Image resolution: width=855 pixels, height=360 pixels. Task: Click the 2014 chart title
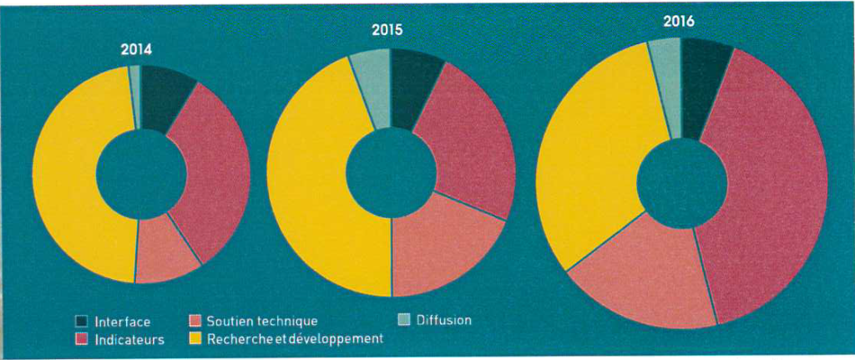(136, 49)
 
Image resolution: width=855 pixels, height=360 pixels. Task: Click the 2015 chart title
(387, 30)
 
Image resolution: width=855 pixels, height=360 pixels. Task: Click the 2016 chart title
(679, 21)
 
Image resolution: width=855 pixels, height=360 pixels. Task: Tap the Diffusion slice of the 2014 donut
(134, 96)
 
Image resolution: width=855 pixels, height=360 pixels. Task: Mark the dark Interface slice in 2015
(412, 88)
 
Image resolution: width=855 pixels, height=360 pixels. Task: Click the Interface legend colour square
(82, 322)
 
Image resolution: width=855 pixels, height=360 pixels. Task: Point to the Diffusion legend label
(443, 320)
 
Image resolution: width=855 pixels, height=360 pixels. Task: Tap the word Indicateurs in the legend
(129, 340)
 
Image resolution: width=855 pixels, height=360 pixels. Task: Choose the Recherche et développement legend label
(294, 339)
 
